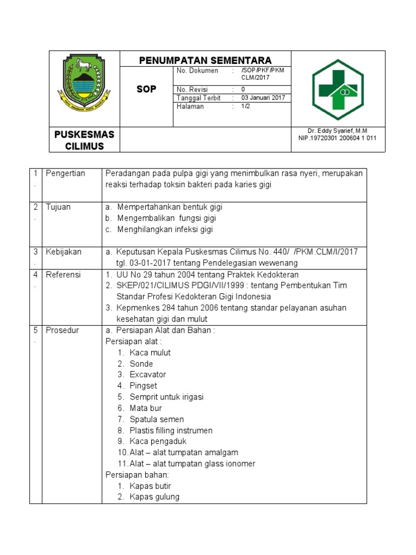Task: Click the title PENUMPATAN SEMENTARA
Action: (205, 60)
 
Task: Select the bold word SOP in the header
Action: (146, 89)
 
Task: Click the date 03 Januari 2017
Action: (263, 98)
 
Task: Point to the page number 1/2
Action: (246, 107)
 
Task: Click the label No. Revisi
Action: (192, 89)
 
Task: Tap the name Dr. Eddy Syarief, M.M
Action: (337, 131)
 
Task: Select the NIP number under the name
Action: (337, 138)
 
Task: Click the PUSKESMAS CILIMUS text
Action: (84, 140)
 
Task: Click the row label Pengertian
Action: (66, 173)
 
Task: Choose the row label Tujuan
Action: (58, 207)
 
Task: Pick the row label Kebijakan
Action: (63, 252)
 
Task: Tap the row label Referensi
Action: (63, 275)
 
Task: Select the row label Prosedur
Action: (62, 330)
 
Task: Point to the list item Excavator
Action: (147, 375)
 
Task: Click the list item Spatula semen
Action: (157, 420)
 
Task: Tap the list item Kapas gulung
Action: (154, 497)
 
